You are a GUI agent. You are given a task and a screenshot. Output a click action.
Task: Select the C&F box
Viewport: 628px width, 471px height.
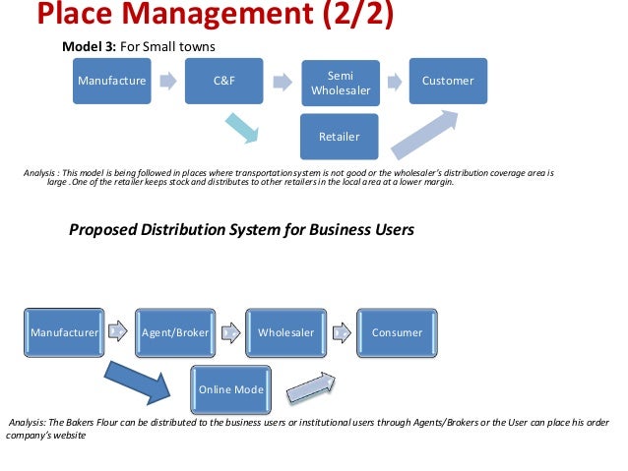coord(222,81)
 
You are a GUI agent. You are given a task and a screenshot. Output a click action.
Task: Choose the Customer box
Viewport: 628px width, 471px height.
coord(448,81)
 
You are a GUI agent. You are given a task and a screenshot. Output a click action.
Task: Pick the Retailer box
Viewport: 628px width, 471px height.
coord(339,137)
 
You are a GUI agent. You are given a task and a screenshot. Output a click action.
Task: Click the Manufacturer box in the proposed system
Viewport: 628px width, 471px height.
coord(64,332)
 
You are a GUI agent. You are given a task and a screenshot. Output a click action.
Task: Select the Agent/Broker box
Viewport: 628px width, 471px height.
coord(176,332)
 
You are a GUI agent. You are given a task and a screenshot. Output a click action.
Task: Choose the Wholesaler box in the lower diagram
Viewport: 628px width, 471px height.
coord(285,332)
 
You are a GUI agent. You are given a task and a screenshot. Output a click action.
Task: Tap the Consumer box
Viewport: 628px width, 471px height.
coord(397,332)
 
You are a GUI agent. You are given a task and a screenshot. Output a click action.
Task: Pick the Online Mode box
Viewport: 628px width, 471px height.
coord(231,389)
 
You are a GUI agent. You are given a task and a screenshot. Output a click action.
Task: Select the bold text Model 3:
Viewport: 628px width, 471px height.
coord(90,47)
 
